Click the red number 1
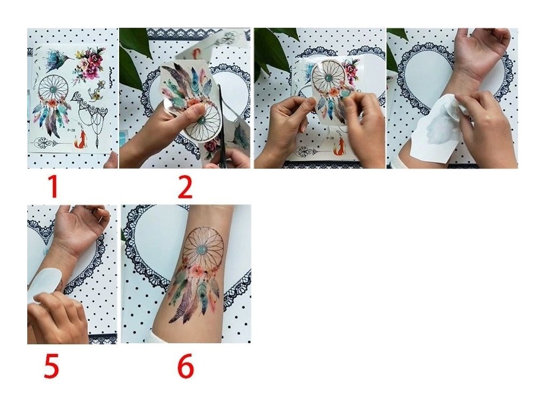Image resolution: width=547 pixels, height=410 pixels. pyautogui.click(x=53, y=187)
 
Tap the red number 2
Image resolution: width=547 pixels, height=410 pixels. pyautogui.click(x=185, y=187)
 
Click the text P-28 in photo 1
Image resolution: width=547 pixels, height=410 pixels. pyautogui.click(x=71, y=130)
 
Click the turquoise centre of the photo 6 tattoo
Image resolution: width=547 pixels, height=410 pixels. pyautogui.click(x=202, y=250)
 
